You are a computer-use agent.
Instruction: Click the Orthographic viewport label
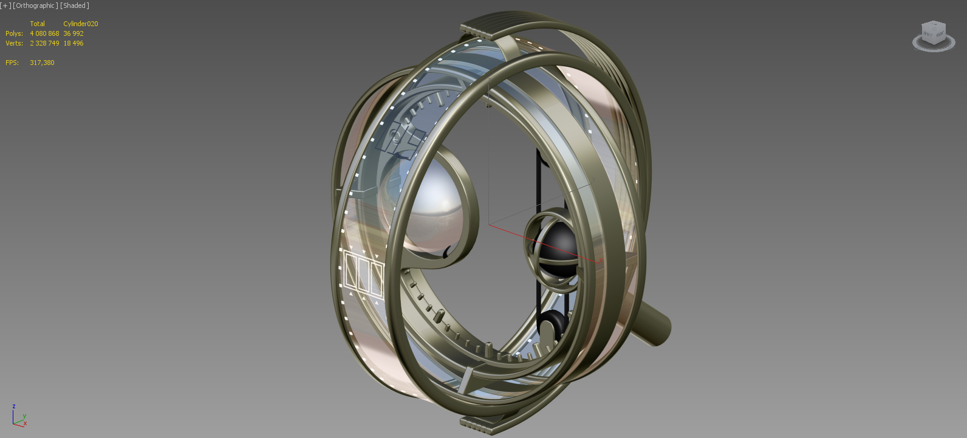[35, 5]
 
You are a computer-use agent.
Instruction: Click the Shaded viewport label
[75, 5]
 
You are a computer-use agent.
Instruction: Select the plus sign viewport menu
[5, 5]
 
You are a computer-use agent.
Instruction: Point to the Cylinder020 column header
[81, 24]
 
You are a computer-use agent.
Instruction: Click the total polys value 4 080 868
[44, 33]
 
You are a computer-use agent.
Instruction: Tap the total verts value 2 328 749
[44, 43]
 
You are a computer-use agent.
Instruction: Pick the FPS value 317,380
[43, 63]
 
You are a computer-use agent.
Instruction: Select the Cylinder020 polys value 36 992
[73, 33]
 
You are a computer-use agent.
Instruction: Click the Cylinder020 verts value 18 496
[73, 43]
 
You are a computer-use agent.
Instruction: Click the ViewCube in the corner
[934, 36]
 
